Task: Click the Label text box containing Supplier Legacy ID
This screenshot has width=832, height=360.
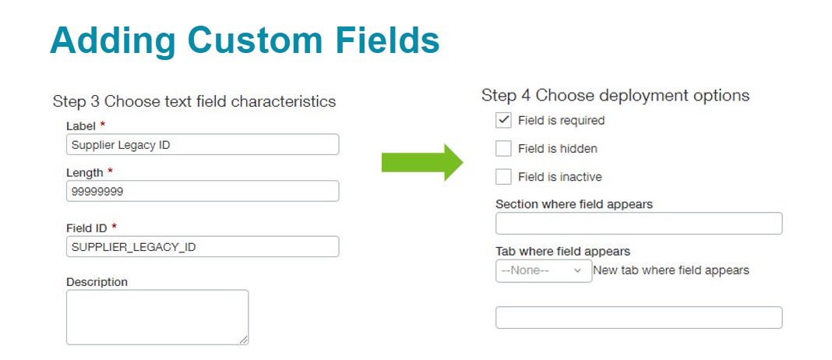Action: point(203,144)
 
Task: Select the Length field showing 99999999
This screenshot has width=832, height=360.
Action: point(203,191)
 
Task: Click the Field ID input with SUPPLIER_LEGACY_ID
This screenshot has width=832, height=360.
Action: point(203,246)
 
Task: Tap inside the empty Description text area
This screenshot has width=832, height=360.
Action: point(157,317)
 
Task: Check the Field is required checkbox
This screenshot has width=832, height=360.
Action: point(503,120)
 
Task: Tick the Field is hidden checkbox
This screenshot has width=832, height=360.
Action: point(503,148)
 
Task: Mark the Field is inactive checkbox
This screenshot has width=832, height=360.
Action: point(503,176)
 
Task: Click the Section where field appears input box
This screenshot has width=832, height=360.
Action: point(639,223)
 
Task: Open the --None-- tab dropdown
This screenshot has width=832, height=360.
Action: point(543,271)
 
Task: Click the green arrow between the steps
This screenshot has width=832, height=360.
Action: point(422,163)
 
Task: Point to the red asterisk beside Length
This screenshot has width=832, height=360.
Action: point(111,171)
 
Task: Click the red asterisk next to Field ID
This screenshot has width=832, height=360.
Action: point(114,226)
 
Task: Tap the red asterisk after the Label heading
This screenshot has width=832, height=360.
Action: point(102,124)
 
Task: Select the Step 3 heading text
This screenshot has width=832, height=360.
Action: point(194,101)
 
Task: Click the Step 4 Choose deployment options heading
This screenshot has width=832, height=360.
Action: point(615,96)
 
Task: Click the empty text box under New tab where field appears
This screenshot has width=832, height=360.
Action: point(639,317)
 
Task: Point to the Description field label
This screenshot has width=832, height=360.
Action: point(97,282)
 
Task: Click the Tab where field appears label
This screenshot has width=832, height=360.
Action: point(563,251)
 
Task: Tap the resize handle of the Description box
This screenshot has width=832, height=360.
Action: point(243,339)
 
